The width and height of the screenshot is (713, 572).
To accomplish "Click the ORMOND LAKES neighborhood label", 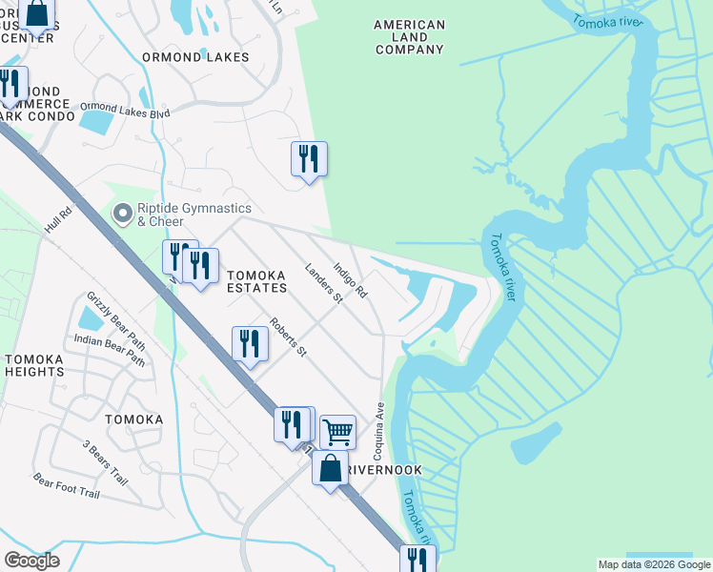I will [195, 57].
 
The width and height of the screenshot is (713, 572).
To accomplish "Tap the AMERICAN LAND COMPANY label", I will [409, 37].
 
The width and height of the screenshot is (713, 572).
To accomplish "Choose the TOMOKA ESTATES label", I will [256, 280].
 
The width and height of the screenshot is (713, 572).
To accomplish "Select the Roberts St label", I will [287, 337].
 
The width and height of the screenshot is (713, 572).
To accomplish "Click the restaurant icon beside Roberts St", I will [250, 344].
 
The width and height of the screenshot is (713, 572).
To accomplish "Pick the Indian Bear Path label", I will [110, 350].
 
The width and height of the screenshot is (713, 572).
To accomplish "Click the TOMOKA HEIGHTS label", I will [34, 365].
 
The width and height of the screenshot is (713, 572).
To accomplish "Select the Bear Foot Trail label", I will [67, 486].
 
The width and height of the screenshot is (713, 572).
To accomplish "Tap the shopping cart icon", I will [337, 431].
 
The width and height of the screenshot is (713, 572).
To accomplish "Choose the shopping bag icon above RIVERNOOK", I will [330, 469].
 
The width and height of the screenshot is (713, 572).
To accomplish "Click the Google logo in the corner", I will [31, 561].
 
